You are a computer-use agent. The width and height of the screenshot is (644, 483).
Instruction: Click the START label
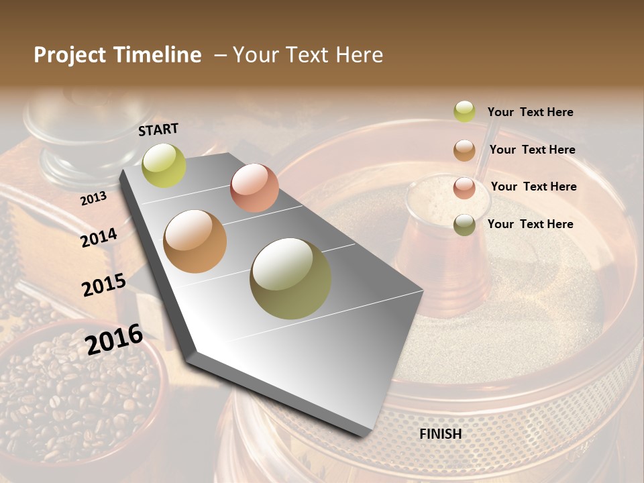pos(158,129)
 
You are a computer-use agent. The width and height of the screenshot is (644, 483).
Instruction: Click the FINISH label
pos(441,434)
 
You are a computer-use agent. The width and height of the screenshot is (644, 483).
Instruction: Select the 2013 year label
pos(93,198)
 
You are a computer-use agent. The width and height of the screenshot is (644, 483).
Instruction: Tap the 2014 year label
pos(99,237)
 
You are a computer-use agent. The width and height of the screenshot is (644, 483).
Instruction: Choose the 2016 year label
pos(114,339)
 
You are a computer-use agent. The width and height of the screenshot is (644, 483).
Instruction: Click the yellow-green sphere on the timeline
pos(164,165)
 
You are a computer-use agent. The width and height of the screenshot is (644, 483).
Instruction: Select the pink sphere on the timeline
pos(254,188)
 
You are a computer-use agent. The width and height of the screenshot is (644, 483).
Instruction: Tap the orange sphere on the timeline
pos(195,241)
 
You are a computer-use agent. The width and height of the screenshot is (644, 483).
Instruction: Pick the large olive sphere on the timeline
pos(290,278)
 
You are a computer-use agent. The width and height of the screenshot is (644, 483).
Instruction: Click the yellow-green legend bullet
pos(464,111)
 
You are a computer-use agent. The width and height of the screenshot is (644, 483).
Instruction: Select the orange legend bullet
pos(464,150)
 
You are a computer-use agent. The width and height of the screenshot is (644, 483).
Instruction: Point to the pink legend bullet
pos(464,188)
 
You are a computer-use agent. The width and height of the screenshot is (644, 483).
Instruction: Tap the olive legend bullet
pos(464,225)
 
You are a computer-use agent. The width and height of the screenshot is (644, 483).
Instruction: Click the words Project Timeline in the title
pos(117,55)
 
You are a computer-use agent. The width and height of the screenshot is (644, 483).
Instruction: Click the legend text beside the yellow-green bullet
pos(530,112)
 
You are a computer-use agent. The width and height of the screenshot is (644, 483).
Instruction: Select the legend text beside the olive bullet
pos(530,224)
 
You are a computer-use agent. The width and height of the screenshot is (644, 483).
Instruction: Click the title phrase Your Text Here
pos(308,55)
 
